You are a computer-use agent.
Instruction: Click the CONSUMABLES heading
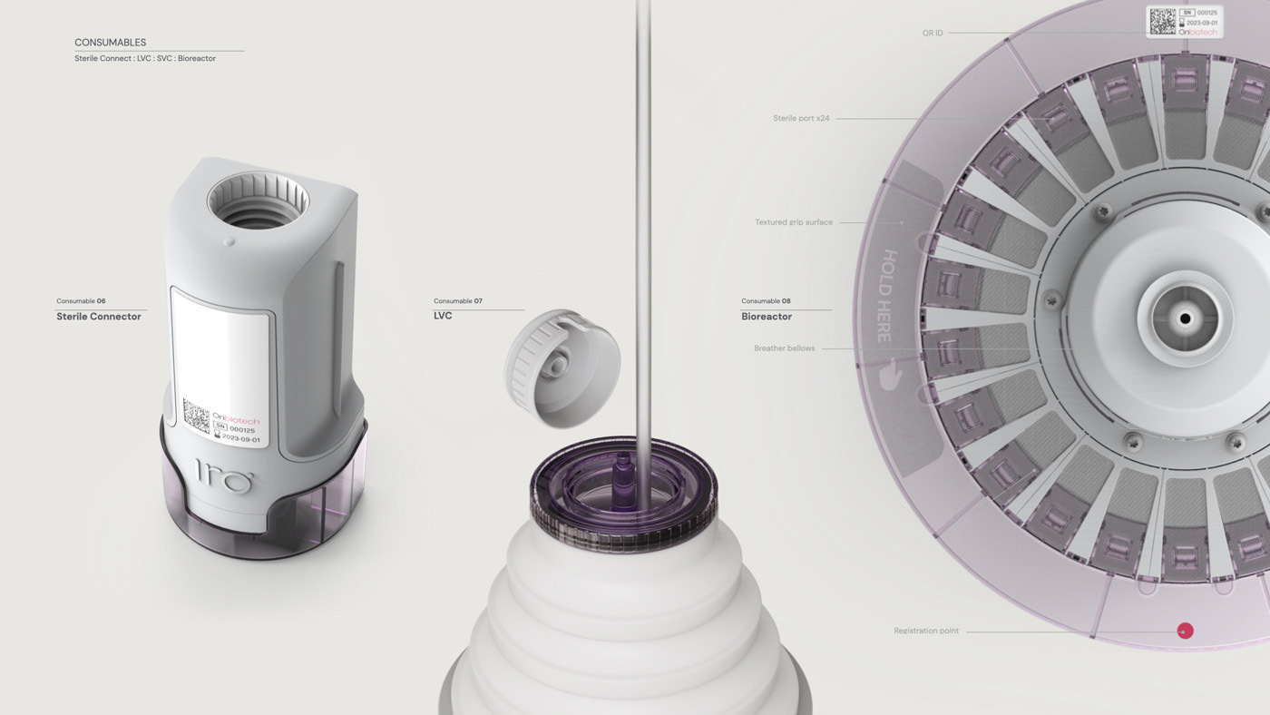(110, 43)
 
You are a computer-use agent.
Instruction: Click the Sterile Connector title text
(99, 317)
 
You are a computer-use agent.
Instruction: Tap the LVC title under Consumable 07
(443, 316)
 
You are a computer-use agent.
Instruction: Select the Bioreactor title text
(767, 317)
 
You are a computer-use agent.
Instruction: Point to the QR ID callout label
(932, 34)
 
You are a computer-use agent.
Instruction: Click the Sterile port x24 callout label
(801, 118)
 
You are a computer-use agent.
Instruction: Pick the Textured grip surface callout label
(794, 222)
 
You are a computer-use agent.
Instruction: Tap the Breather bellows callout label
(784, 348)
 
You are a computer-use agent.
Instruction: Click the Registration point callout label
(926, 631)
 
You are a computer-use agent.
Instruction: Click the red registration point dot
(1185, 631)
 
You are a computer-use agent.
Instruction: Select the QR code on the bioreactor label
(1162, 22)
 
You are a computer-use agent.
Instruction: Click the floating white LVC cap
(562, 367)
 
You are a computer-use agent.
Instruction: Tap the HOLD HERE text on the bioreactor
(887, 296)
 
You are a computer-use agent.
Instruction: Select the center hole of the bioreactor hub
(1184, 318)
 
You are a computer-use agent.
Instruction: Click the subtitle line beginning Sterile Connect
(145, 58)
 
